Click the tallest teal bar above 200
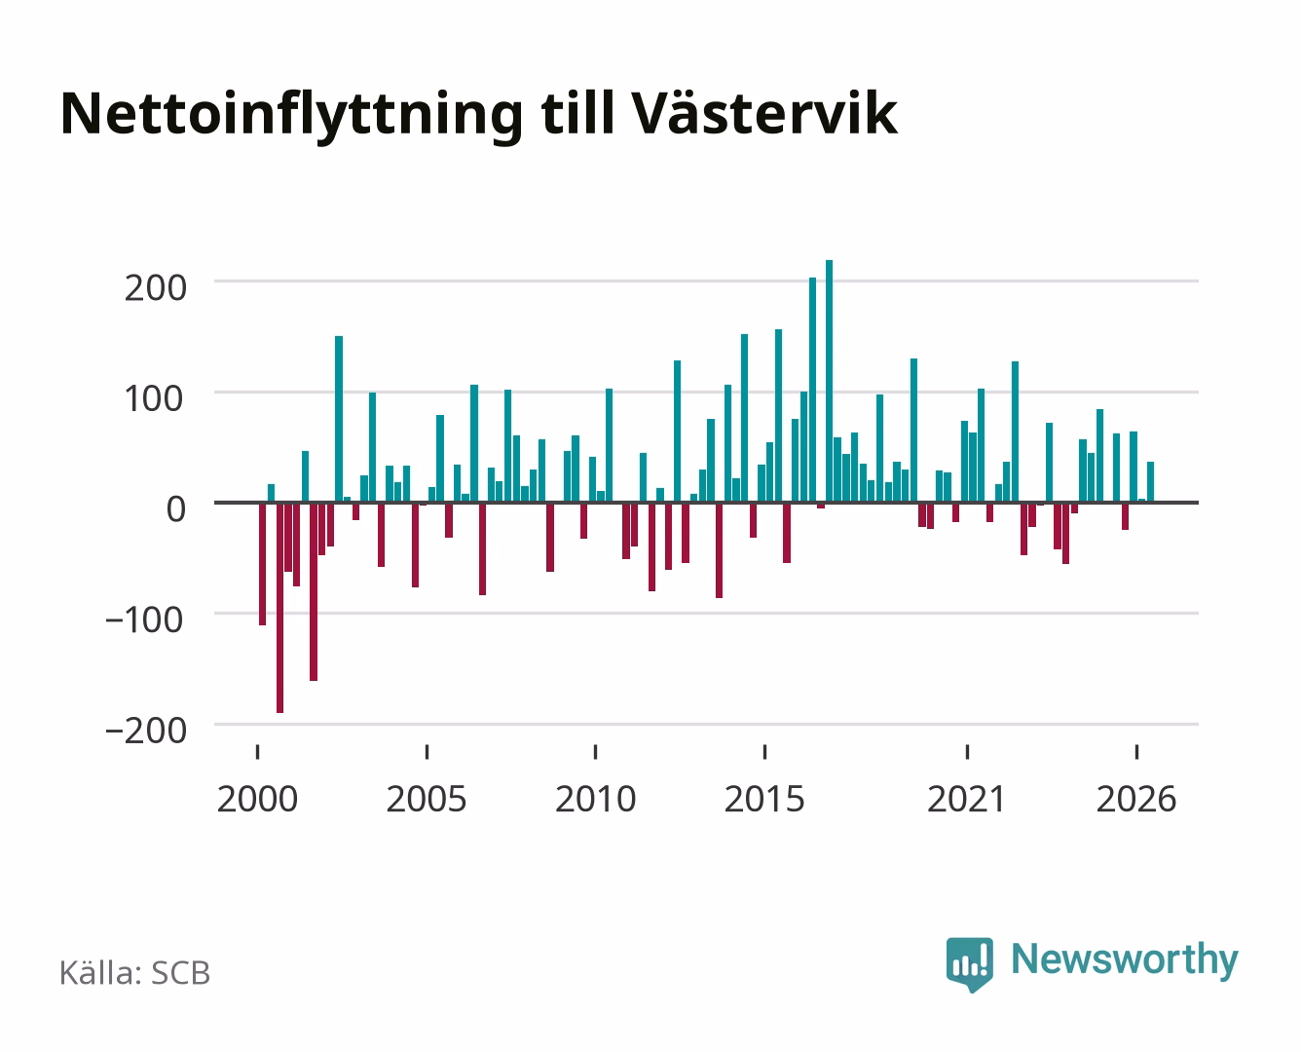click(829, 381)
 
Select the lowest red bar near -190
click(279, 607)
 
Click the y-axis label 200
click(155, 288)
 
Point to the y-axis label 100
click(154, 399)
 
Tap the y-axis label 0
click(176, 508)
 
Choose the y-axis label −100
click(145, 620)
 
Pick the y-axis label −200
click(146, 731)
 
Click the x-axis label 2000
click(257, 799)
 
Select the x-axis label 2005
click(427, 799)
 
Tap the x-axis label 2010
click(596, 799)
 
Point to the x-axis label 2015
click(764, 799)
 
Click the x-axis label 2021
click(966, 799)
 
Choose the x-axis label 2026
click(1136, 799)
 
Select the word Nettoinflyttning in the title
click(291, 116)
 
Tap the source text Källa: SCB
click(134, 973)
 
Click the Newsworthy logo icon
click(969, 964)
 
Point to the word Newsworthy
click(1125, 960)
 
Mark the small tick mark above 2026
click(1136, 752)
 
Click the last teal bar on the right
click(1151, 482)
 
